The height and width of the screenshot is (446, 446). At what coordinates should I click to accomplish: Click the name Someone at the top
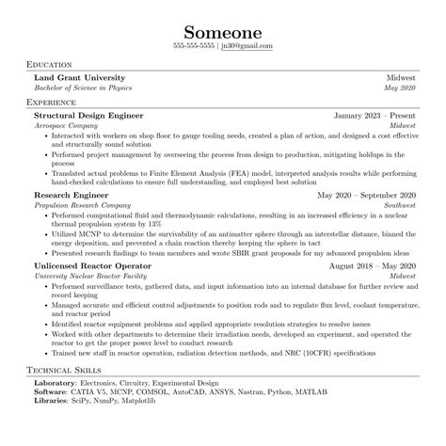(x=223, y=26)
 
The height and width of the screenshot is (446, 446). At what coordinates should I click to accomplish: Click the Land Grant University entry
(x=79, y=77)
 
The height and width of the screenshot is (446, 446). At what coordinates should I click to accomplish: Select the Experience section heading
(x=52, y=101)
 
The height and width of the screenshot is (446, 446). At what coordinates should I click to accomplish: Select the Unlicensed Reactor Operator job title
(x=95, y=267)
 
